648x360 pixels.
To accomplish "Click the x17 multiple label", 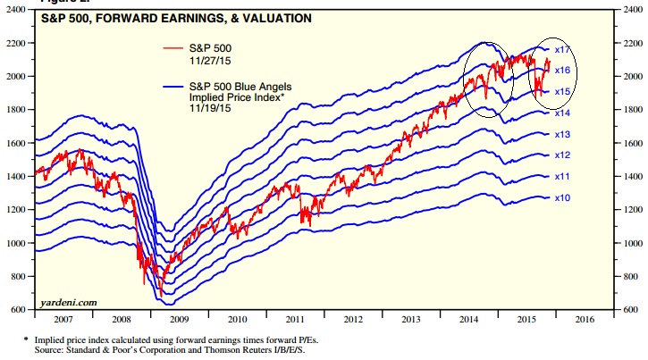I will click(562, 49).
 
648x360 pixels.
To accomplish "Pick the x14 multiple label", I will click(562, 113).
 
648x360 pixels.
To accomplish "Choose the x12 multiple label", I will click(562, 155).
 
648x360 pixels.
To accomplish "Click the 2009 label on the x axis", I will click(179, 319).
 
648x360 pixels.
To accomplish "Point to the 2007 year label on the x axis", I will click(63, 319).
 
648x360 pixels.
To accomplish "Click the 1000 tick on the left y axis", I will click(17, 243).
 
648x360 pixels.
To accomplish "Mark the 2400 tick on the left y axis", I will click(17, 10).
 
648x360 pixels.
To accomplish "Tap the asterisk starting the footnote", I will click(25, 339).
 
